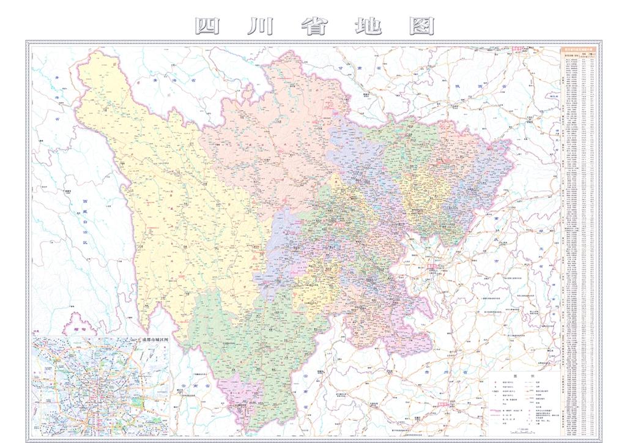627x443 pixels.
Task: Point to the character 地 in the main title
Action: point(367,26)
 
